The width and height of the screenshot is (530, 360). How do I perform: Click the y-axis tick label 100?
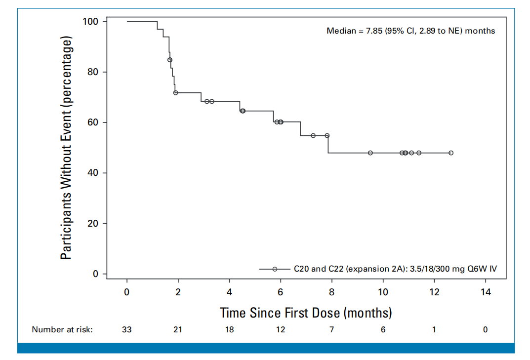point(90,22)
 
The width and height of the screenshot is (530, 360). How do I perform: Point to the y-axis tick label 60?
point(93,122)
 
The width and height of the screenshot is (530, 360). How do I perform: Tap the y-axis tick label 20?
point(93,223)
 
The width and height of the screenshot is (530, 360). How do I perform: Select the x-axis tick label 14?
point(486,292)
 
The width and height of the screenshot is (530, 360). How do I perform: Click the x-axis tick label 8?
point(331,292)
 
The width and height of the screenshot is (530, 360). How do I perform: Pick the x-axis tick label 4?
point(230,292)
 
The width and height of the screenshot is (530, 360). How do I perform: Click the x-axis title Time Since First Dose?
point(280,313)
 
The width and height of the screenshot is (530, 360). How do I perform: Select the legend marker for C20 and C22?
point(275,269)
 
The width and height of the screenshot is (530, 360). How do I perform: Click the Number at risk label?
point(62,329)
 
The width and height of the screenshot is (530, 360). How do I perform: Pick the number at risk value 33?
point(127,329)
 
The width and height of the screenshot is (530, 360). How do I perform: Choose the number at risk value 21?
point(178,329)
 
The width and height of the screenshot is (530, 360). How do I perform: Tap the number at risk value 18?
point(230,329)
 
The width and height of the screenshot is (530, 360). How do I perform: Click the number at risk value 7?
point(331,329)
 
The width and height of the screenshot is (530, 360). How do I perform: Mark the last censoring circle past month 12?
point(451,153)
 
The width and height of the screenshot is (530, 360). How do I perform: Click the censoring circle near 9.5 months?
point(370,153)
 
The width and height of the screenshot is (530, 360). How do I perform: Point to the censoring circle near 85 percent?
point(170,60)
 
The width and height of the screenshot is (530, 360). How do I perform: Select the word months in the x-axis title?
point(368,313)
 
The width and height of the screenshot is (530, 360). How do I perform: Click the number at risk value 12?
point(281,329)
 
